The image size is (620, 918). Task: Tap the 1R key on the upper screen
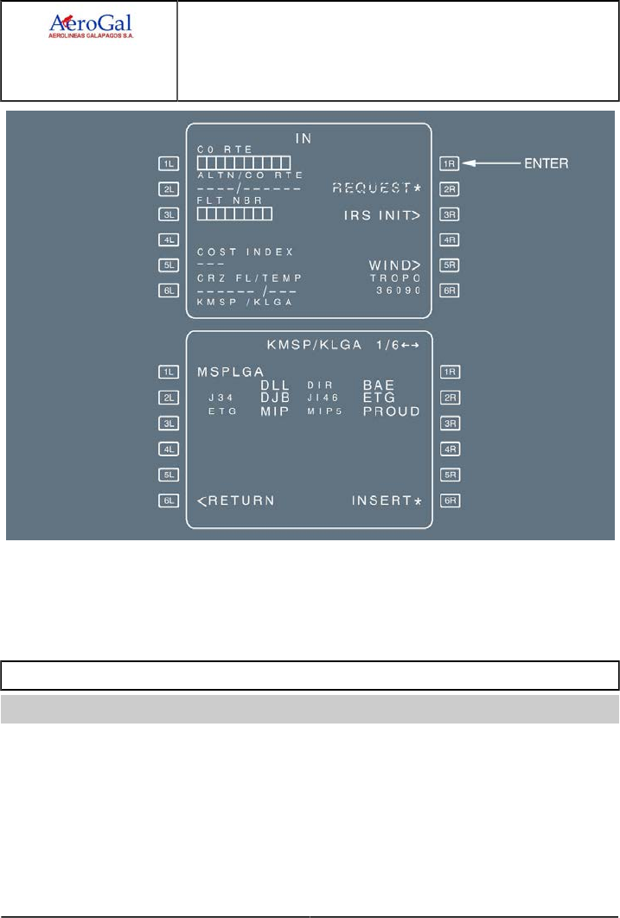pos(447,162)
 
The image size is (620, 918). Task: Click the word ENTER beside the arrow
pos(547,162)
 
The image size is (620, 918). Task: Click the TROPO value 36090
pos(398,291)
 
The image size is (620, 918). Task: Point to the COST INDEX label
pos(245,252)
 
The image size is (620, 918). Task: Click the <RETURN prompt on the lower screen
pos(236,500)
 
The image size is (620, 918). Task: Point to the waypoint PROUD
pos(391,411)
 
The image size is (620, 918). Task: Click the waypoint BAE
pos(379,384)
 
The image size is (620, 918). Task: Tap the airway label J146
pos(322,398)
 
